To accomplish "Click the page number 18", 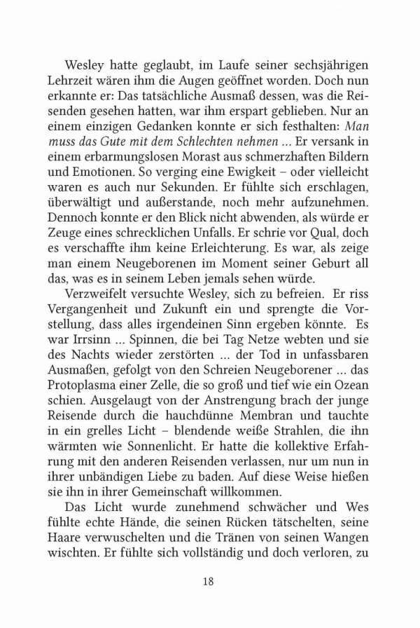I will click(209, 581).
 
